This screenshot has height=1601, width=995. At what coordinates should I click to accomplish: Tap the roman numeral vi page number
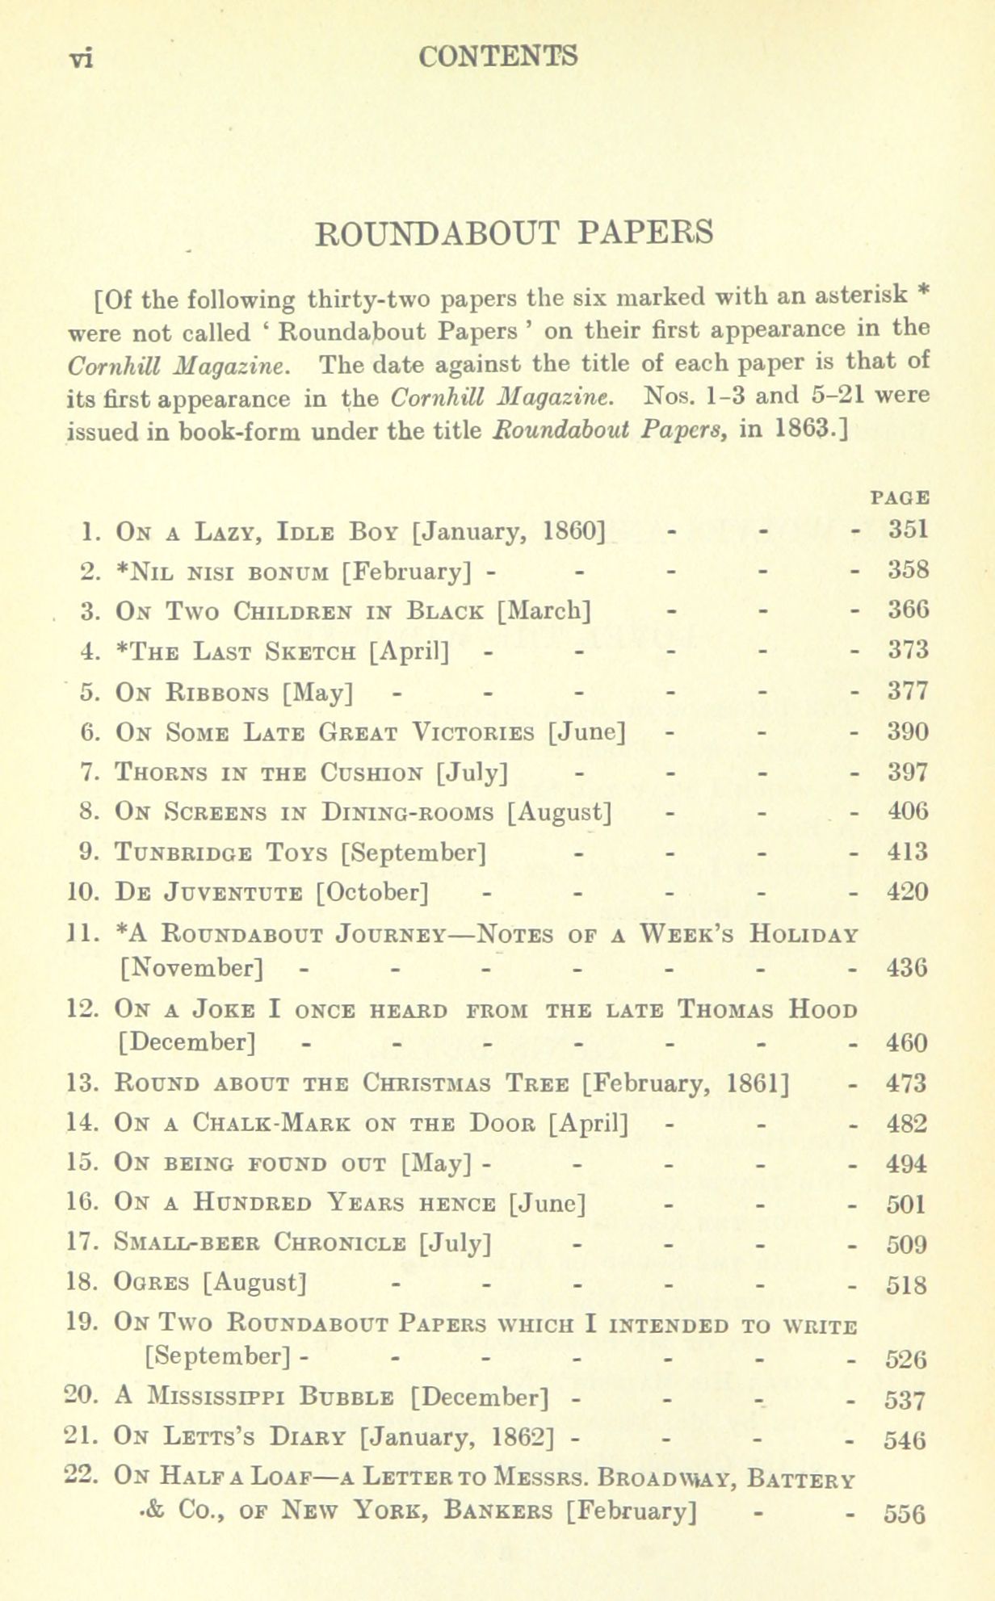(x=82, y=59)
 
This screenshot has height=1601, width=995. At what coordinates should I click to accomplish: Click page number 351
(x=908, y=530)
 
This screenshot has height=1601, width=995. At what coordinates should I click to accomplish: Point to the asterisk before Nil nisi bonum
(x=123, y=570)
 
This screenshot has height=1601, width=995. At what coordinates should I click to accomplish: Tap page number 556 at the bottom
(x=905, y=1515)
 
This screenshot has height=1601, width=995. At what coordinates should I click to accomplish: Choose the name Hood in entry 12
(x=823, y=1009)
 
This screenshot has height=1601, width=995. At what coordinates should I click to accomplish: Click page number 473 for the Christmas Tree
(x=906, y=1083)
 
